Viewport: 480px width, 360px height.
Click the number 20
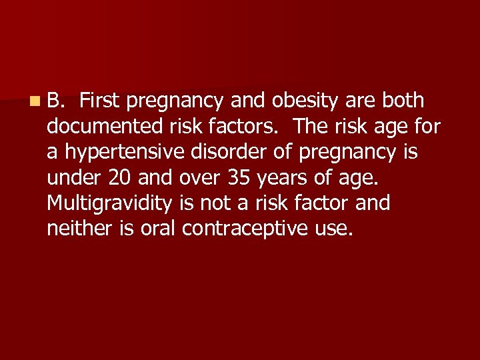117,178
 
